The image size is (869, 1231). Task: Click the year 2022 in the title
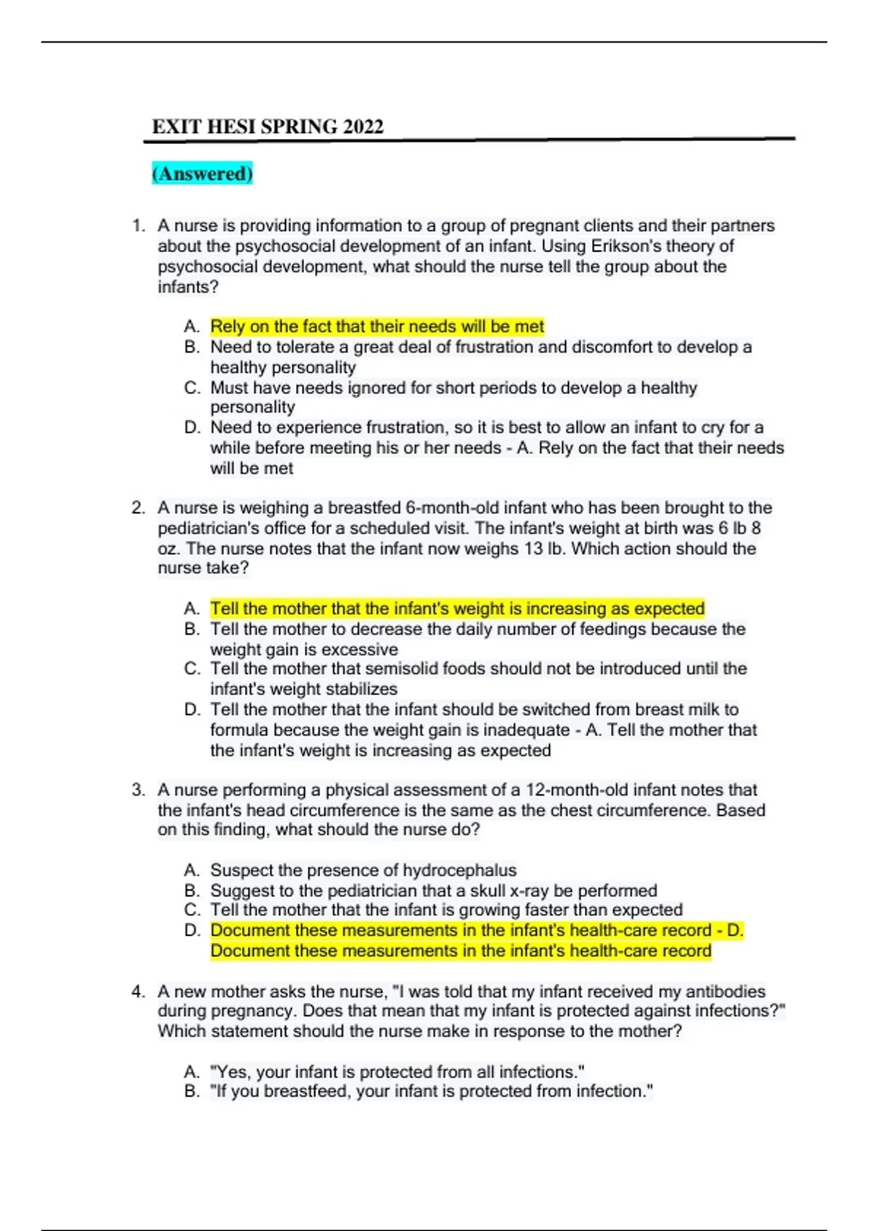click(363, 127)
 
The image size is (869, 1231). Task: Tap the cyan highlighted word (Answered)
click(202, 174)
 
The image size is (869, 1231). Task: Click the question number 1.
click(138, 226)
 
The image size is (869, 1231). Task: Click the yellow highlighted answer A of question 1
click(377, 327)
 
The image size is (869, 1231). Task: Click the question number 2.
click(138, 508)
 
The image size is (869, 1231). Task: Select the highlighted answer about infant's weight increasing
click(457, 608)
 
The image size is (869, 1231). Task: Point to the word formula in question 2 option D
click(240, 730)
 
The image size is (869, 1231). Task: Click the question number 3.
click(138, 790)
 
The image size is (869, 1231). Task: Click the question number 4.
click(138, 991)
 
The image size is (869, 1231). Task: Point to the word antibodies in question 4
click(725, 991)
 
